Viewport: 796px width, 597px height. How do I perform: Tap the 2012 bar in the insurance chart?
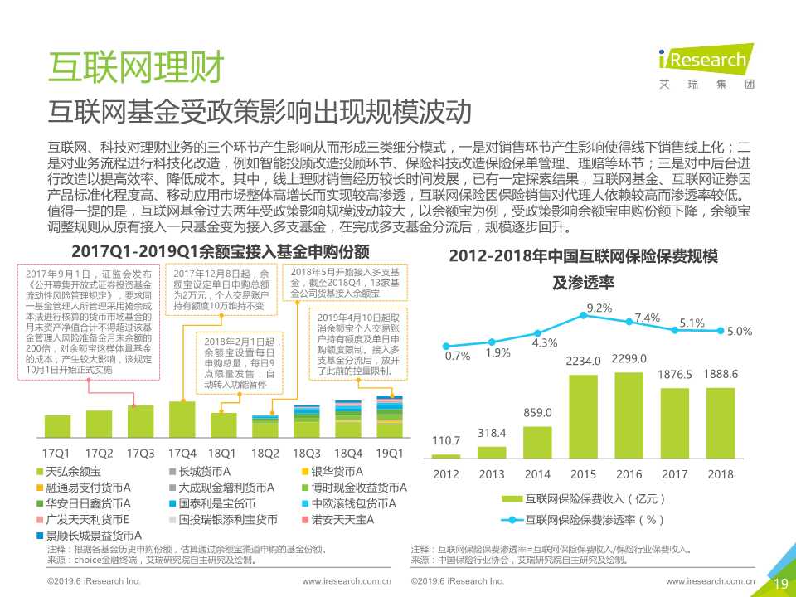[446, 456]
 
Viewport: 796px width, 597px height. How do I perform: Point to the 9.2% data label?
[599, 308]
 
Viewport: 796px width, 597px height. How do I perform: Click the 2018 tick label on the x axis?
[721, 474]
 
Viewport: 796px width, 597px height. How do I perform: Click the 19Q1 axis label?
[389, 454]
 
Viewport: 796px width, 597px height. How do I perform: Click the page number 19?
[780, 584]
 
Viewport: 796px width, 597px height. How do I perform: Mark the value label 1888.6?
[721, 374]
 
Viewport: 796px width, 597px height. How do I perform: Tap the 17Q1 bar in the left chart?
[56, 426]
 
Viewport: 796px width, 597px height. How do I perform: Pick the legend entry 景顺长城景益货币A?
[90, 536]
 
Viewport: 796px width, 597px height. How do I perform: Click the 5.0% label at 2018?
[739, 332]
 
